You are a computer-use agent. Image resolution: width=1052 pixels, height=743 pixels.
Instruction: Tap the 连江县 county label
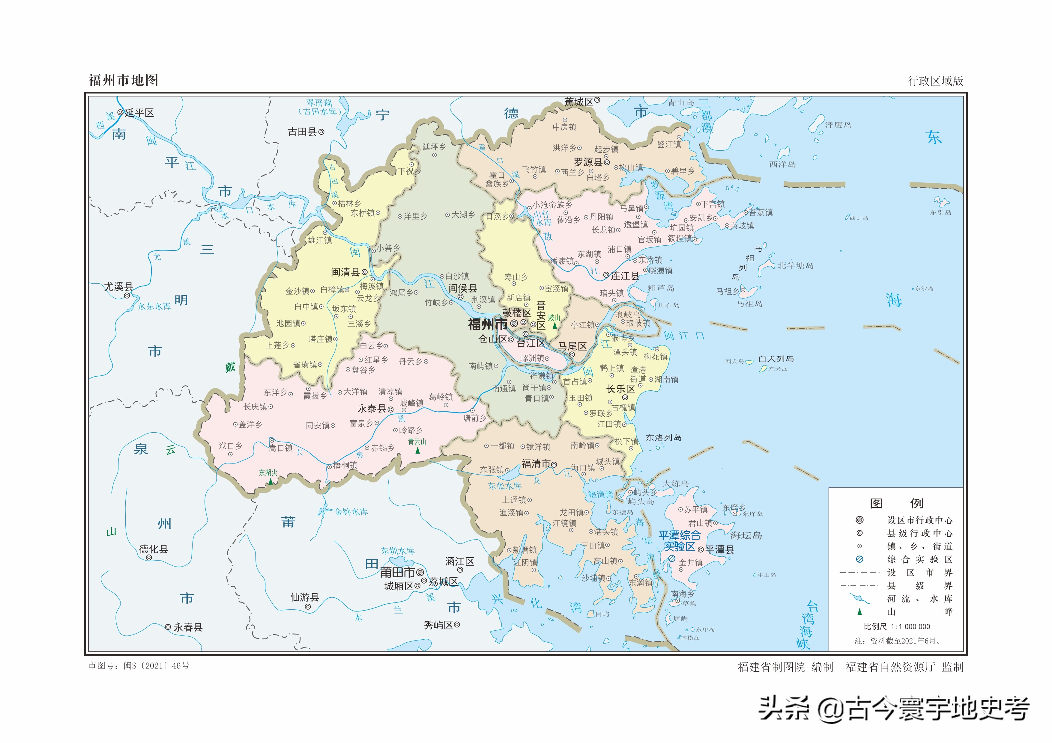(x=624, y=276)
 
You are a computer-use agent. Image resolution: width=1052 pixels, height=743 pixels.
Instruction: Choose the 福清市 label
(x=535, y=464)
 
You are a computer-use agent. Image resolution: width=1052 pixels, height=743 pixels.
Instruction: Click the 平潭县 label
(x=719, y=549)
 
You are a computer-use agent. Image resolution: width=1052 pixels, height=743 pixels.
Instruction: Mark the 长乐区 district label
(x=620, y=389)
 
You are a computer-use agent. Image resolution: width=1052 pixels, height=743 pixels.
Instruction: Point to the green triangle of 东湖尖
(x=270, y=481)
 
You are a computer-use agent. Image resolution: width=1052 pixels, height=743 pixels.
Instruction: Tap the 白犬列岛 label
(x=776, y=359)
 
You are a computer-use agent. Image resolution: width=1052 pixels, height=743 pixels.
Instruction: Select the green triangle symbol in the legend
(x=859, y=611)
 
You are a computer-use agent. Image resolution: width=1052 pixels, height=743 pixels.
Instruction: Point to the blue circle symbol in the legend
(x=859, y=559)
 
